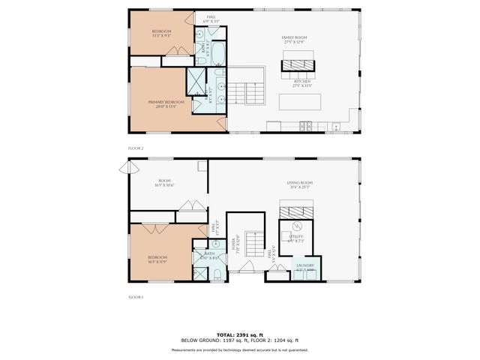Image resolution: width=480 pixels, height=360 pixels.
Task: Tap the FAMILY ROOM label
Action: [294, 37]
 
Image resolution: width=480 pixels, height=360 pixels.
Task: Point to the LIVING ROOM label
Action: [299, 184]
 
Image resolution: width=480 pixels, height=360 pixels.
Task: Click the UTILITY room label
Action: [296, 238]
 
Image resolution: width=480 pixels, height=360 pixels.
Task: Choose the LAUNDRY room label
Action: [304, 266]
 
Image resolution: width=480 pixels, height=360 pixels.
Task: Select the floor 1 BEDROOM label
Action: [157, 259]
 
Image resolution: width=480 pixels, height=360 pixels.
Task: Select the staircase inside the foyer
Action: [254, 247]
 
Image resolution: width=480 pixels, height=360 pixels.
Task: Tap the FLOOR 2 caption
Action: [136, 148]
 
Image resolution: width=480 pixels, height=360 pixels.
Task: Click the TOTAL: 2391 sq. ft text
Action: [239, 334]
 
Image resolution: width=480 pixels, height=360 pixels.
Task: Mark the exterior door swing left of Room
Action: [123, 168]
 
